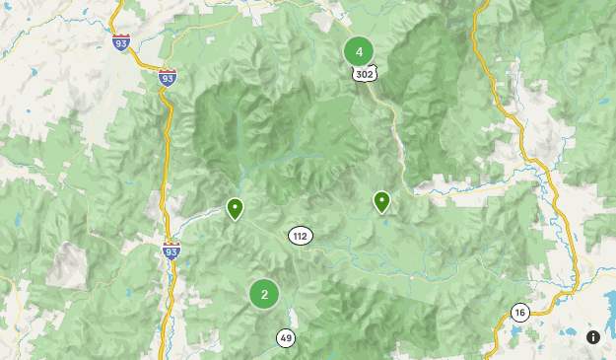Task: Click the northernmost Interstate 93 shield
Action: click(121, 43)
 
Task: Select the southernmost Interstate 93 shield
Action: click(171, 252)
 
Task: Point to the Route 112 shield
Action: click(301, 235)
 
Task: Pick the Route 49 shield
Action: click(286, 337)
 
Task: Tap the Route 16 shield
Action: click(519, 313)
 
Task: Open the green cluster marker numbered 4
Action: click(359, 51)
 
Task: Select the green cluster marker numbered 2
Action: click(263, 293)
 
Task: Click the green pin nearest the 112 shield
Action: click(235, 208)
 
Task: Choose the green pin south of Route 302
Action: click(381, 201)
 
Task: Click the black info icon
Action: click(592, 337)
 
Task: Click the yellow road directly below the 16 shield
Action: click(513, 335)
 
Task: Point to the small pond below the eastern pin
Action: click(385, 223)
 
